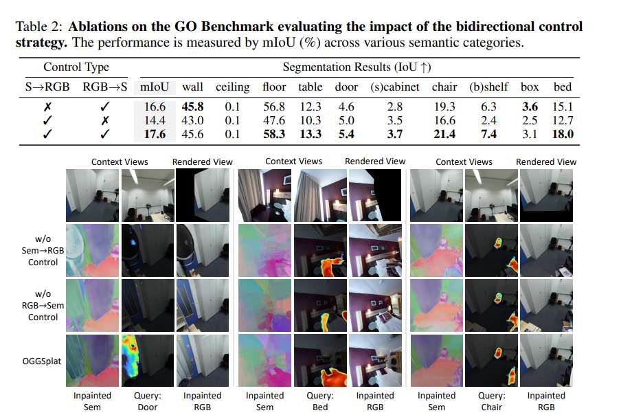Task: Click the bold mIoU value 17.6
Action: click(155, 134)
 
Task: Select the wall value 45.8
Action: click(192, 106)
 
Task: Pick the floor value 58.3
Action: click(274, 134)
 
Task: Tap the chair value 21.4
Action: click(444, 134)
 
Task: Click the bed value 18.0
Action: click(563, 134)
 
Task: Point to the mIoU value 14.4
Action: click(155, 120)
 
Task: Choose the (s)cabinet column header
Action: click(394, 87)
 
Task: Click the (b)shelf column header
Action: click(488, 87)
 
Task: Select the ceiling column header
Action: click(232, 87)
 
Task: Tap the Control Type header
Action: click(76, 67)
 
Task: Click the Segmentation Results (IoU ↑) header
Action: click(357, 67)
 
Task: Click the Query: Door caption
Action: click(147, 401)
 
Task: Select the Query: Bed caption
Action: click(319, 401)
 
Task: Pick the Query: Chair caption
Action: click(491, 401)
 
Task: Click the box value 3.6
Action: click(530, 106)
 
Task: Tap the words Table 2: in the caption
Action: click(37, 26)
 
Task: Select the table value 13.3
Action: click(310, 134)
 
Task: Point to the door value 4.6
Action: click(346, 106)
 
